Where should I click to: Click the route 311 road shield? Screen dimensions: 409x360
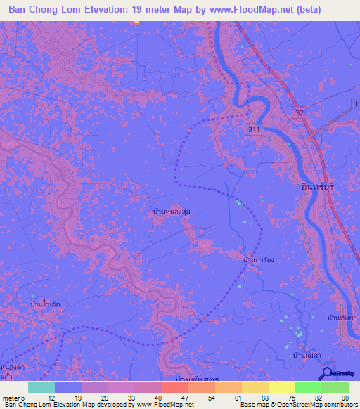point(255,130)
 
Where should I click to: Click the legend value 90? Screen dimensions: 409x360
point(345,397)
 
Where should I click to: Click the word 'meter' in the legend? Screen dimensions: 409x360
point(9,397)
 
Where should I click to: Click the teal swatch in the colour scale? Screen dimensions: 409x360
point(41,387)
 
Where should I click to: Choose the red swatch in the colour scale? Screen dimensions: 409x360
point(174,387)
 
